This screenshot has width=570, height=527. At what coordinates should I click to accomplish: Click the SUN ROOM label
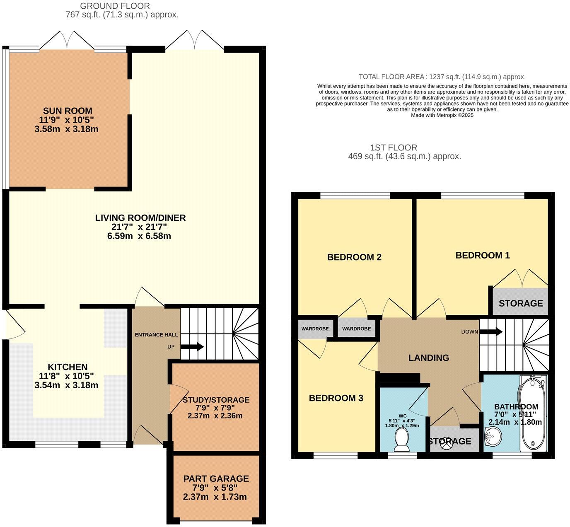click(x=68, y=111)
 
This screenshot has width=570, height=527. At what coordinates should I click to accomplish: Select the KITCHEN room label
click(x=68, y=367)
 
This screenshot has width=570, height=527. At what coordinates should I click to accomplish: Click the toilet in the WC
click(x=401, y=440)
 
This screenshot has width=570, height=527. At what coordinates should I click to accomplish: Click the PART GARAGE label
click(x=216, y=479)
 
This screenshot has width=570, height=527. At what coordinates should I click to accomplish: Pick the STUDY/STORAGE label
click(x=216, y=400)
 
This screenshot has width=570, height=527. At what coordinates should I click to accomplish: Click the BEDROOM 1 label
click(x=482, y=255)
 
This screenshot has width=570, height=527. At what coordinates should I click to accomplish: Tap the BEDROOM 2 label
click(x=354, y=257)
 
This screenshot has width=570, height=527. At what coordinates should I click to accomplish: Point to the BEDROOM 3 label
click(x=336, y=398)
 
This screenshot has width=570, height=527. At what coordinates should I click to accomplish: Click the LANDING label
click(x=428, y=358)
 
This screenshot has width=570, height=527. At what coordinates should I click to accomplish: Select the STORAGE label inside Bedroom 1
click(x=520, y=303)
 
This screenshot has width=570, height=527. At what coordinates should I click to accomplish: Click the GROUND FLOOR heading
click(x=115, y=6)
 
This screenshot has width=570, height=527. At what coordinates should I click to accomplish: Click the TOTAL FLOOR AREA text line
click(x=442, y=77)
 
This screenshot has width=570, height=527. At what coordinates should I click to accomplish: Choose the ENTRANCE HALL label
click(x=156, y=335)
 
